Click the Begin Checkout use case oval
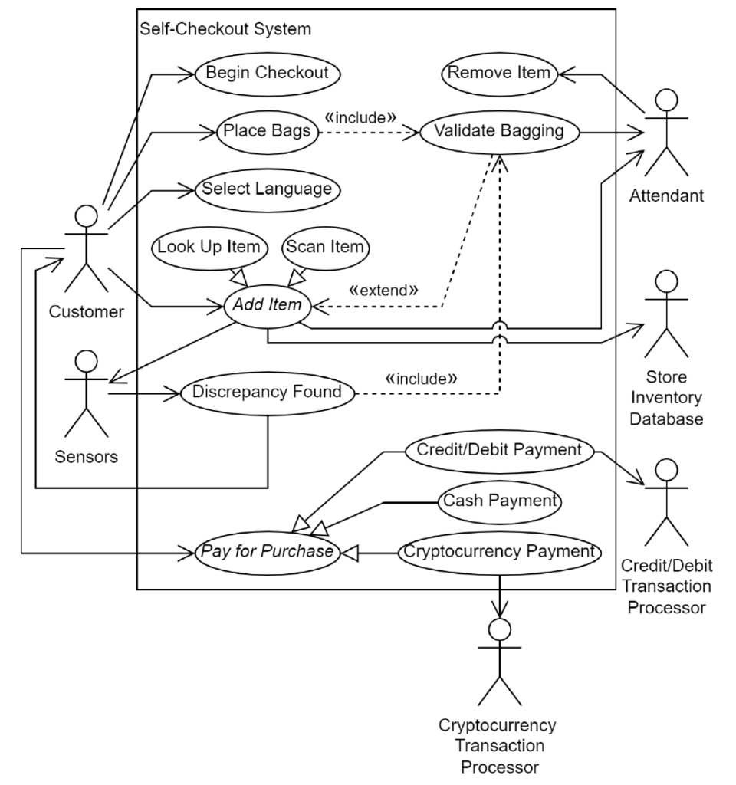tap(268, 74)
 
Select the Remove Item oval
tap(498, 74)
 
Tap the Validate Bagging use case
tap(499, 131)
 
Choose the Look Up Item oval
tap(209, 247)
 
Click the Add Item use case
tap(267, 306)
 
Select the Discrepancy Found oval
tap(268, 392)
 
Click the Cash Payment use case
tap(499, 501)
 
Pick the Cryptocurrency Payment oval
tap(499, 551)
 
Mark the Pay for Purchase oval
tap(267, 551)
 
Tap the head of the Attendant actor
tap(666, 101)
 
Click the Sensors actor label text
tap(87, 458)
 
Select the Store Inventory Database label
tap(665, 399)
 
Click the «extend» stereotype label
tap(383, 291)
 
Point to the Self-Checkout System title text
tap(225, 30)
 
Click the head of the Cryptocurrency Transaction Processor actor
tap(500, 630)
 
